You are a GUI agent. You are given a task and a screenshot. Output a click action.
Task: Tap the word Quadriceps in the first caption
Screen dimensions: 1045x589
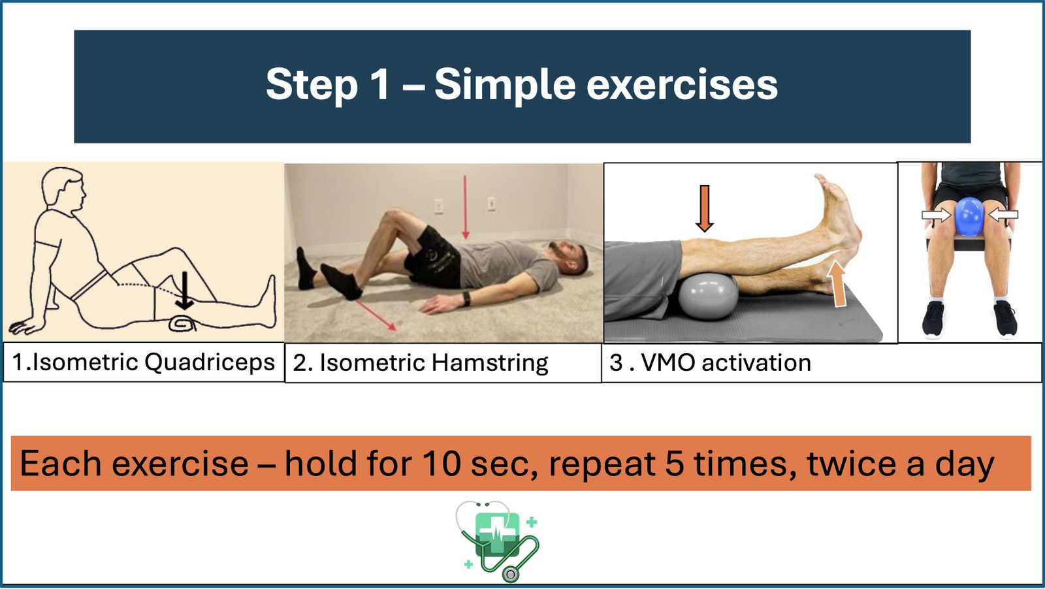210,363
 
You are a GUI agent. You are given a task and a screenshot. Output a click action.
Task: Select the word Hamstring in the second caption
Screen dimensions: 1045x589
490,364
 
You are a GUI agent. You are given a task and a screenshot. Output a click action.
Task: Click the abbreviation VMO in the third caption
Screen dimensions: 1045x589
669,363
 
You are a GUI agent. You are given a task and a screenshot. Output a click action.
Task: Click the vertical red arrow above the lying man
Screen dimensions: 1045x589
464,208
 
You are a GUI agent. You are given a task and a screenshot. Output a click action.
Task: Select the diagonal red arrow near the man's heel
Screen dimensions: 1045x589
376,315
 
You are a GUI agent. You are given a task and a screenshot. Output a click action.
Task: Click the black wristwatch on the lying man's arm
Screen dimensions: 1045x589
466,299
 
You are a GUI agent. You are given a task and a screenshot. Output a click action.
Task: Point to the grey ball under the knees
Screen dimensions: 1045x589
708,296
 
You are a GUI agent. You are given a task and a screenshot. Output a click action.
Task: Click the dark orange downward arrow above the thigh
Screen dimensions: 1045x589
705,208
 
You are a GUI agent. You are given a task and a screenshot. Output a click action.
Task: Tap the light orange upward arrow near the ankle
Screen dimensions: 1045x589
838,283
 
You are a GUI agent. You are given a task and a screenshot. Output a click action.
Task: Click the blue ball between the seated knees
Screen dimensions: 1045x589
969,216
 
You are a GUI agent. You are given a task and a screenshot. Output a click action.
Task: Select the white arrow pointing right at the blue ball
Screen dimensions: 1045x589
936,215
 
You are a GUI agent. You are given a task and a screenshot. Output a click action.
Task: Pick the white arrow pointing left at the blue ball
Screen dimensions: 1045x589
1003,215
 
